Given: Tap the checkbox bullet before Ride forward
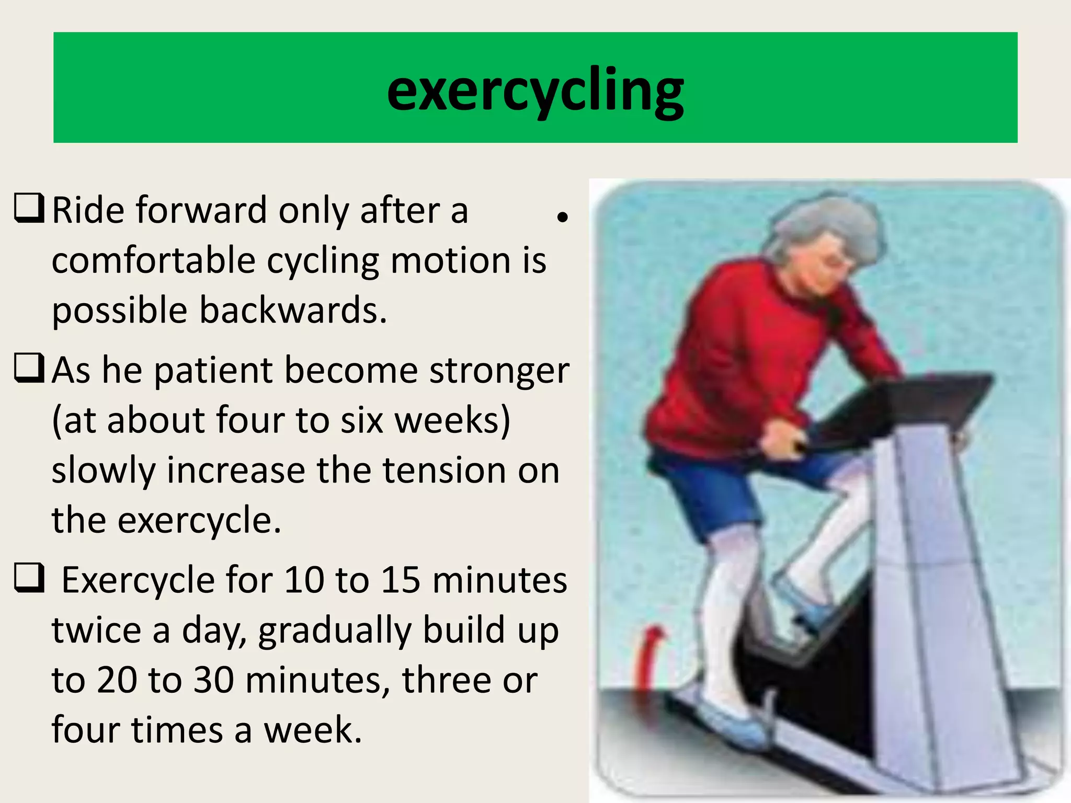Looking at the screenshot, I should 29,209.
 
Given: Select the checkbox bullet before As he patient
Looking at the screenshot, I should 29,369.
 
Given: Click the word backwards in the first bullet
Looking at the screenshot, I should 293,310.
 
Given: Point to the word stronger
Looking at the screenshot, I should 499,371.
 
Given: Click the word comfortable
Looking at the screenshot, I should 153,260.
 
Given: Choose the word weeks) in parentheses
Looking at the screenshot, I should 452,420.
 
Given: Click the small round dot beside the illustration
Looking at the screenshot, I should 562,217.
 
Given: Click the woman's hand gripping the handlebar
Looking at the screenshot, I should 779,439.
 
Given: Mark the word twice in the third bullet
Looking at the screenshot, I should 96,630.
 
